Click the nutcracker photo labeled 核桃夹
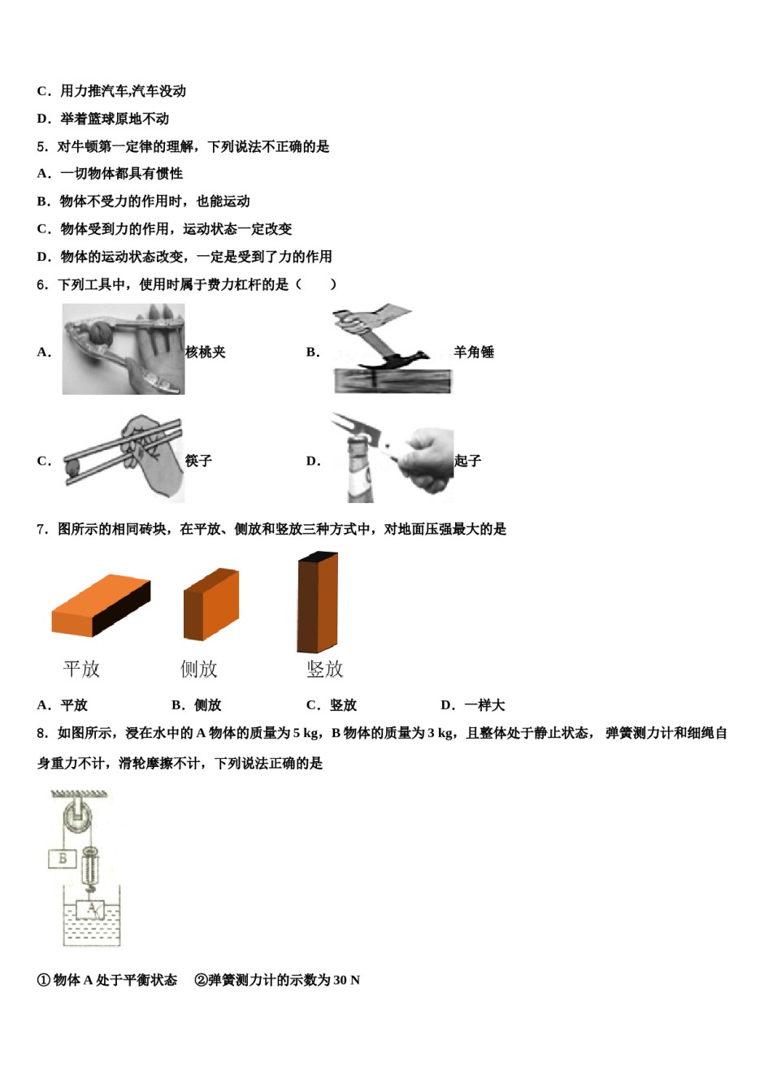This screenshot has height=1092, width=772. point(124,349)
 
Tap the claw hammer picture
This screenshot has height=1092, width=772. point(392,350)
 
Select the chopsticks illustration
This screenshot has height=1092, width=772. point(124,458)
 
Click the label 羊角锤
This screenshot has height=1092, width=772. point(474,352)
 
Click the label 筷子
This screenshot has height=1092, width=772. point(198,461)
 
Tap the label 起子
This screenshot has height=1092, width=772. point(467,461)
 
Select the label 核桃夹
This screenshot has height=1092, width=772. point(206,352)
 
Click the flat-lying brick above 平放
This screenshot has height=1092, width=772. point(101,605)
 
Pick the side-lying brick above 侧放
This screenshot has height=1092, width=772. point(211,604)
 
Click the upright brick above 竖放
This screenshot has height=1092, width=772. point(317,602)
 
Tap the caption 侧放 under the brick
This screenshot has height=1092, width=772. point(199,669)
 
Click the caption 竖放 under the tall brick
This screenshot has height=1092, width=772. point(325,669)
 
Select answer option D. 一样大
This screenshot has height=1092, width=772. point(473,705)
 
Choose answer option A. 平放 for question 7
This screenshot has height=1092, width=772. point(63,705)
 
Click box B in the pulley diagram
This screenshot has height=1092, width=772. point(63,858)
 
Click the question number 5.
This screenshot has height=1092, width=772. point(42,146)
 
